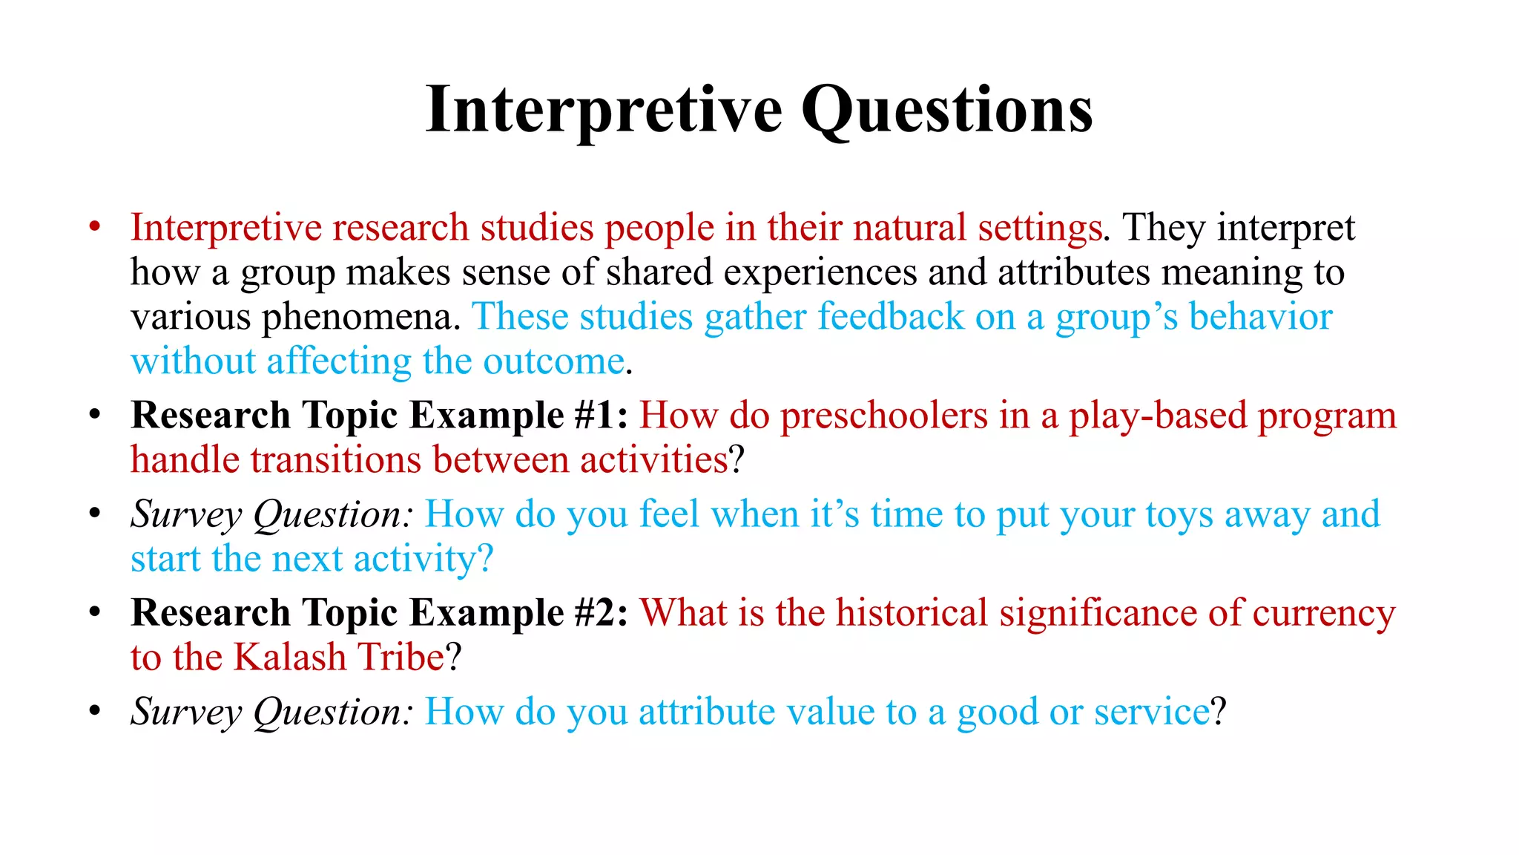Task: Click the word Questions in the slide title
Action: tap(946, 110)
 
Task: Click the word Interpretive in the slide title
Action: tap(604, 110)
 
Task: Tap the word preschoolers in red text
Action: tap(884, 416)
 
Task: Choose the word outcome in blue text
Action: tap(553, 361)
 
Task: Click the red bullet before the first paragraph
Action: tap(94, 226)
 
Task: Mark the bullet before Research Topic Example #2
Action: tap(94, 613)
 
